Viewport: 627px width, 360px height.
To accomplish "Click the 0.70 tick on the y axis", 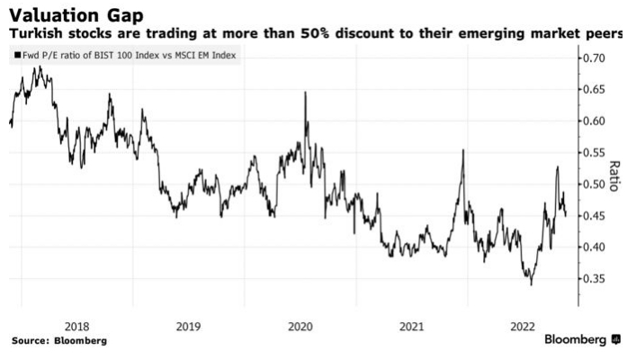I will (x=592, y=58).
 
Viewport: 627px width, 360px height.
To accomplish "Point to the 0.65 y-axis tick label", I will (x=592, y=90).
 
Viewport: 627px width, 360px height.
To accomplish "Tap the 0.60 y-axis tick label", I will (x=592, y=121).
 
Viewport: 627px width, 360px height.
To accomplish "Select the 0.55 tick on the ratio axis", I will (x=592, y=153).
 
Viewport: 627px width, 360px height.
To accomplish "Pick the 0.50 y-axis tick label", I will (x=592, y=184).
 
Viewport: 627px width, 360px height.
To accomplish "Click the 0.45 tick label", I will (x=592, y=216).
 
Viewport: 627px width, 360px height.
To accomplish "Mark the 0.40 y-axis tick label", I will (x=592, y=247).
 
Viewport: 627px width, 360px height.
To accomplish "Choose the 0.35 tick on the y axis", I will (x=592, y=279).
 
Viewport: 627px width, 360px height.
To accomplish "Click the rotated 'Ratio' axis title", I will (x=615, y=177).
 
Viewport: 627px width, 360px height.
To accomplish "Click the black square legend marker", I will (x=15, y=56).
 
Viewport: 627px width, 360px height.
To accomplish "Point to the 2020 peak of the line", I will (x=305, y=92).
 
